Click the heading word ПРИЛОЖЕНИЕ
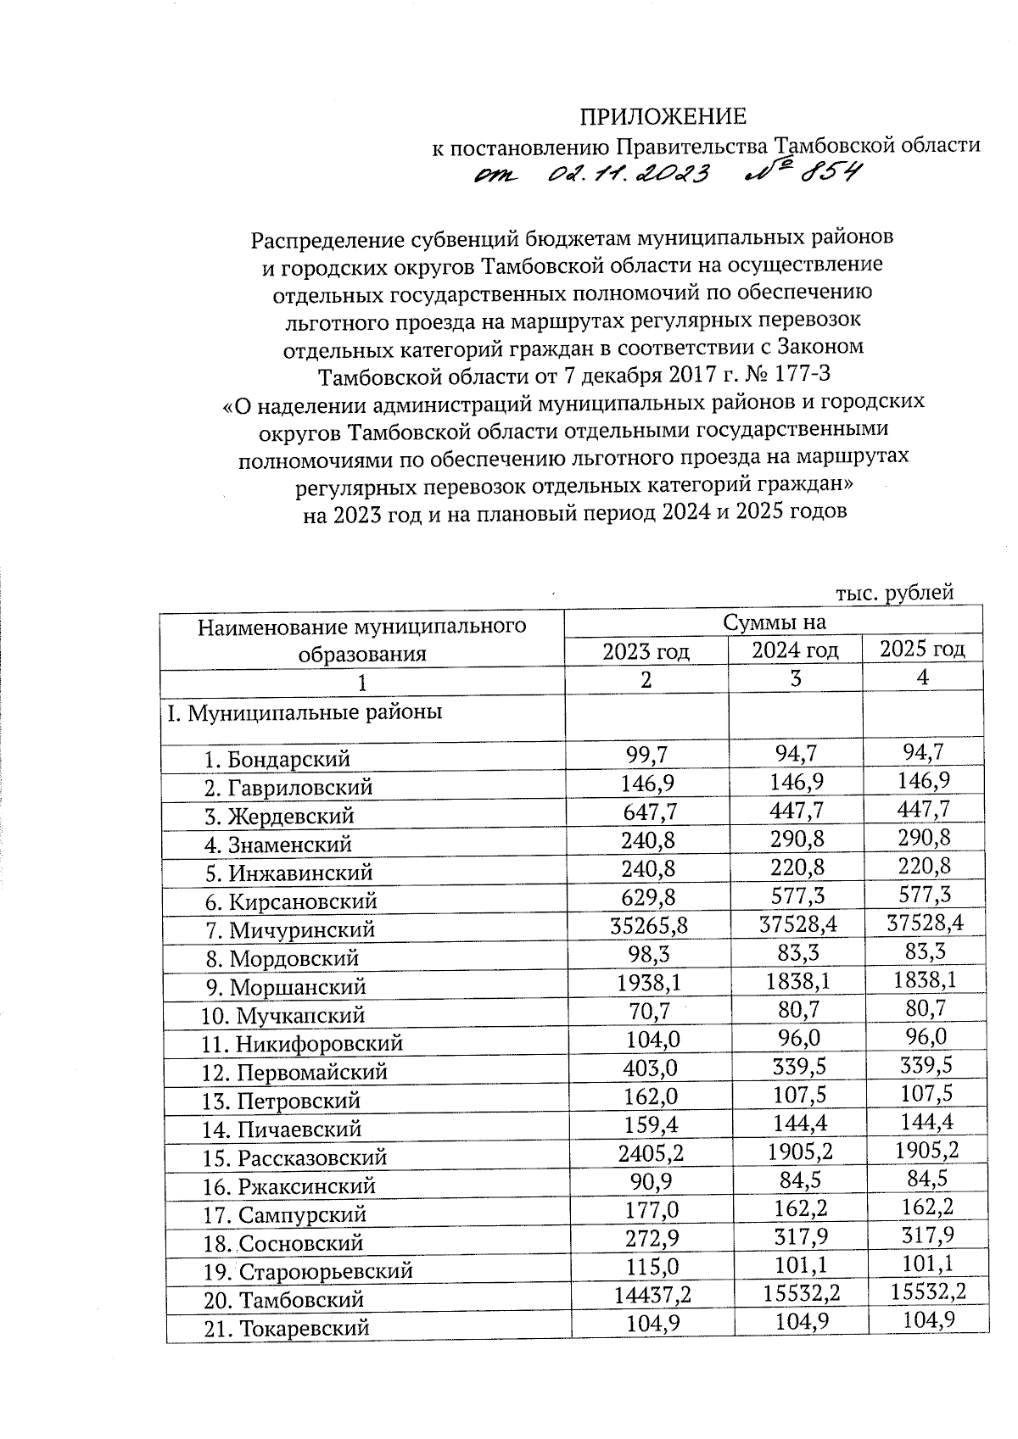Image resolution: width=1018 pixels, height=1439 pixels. pos(663,116)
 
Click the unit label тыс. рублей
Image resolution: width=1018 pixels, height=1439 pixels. pos(894,592)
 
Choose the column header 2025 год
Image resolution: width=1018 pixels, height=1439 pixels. pos(922,650)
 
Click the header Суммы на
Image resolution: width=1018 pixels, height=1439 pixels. pos(773,622)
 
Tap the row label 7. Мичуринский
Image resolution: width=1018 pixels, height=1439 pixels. pos(289,929)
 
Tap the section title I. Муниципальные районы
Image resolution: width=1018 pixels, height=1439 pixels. pos(305,712)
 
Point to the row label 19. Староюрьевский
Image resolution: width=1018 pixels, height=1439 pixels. pos(308,1271)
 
